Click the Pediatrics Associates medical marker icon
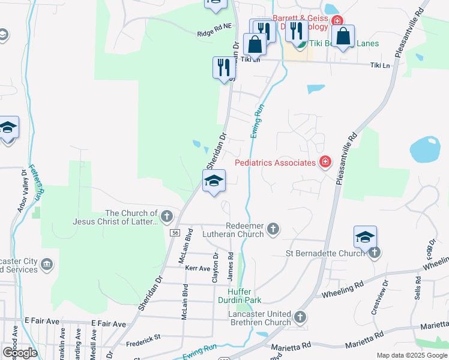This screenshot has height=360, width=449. (325, 162)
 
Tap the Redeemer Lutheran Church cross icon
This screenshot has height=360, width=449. (273, 228)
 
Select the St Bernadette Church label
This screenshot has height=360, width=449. (324, 253)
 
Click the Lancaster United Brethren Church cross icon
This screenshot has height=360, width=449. (300, 316)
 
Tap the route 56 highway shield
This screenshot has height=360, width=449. (175, 232)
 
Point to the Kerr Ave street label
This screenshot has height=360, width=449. (197, 268)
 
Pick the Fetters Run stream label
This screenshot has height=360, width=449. (35, 182)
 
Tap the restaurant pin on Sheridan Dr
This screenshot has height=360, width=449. (223, 67)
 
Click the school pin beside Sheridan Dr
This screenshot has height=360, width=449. (214, 181)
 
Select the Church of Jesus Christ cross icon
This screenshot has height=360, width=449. (166, 216)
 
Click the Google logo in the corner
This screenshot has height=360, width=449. (19, 353)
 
